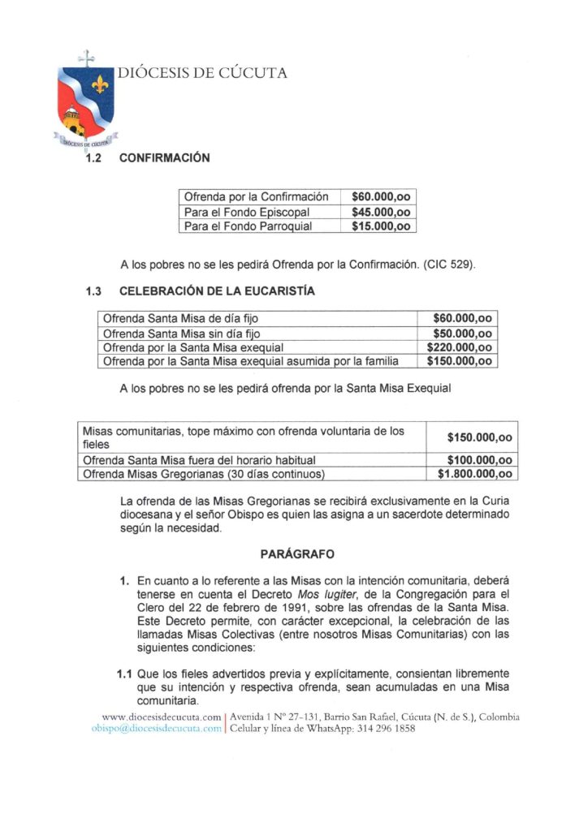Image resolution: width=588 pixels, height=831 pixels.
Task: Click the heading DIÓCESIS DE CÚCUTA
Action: coord(202,73)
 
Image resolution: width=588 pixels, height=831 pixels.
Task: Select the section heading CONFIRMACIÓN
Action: coord(164,157)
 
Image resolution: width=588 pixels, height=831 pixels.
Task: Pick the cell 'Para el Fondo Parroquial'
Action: coord(248,226)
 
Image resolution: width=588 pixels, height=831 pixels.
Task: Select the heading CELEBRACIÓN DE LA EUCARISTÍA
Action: coord(217,291)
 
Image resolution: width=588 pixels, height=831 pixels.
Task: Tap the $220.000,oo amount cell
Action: coord(460,347)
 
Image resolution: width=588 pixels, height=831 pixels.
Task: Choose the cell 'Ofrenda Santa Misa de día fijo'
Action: coord(180,318)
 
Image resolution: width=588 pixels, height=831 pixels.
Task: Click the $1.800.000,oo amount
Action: coord(474,474)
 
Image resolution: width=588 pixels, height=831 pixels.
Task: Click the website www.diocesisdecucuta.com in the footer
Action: coord(162,717)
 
